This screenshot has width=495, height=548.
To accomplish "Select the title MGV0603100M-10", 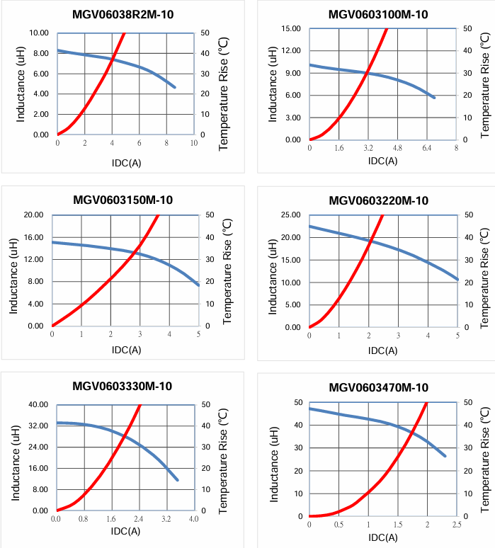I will [378, 14].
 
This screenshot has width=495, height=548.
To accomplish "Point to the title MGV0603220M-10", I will [378, 200].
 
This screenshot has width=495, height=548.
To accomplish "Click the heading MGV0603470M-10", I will [378, 387].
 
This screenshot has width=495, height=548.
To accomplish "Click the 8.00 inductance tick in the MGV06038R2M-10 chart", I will [39, 53].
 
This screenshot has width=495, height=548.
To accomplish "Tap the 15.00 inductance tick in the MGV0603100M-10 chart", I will [290, 28].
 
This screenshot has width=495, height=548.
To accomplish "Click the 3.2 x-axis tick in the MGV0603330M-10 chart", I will [166, 519].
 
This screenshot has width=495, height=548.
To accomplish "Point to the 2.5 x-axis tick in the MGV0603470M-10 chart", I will [457, 525].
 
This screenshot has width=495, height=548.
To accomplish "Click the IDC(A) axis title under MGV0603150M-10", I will [126, 350].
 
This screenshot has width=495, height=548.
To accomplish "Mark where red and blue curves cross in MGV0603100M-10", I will [367, 73].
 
